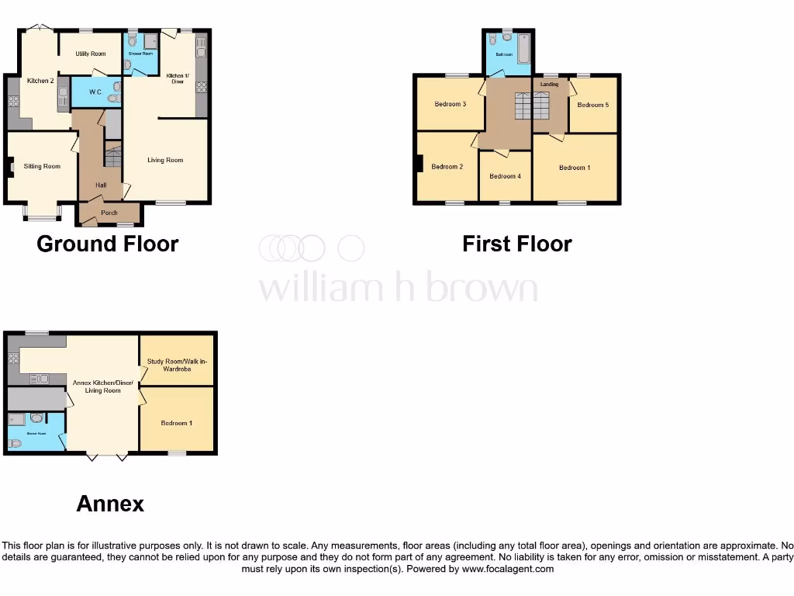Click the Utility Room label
pos(91,54)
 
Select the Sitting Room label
pos(42,166)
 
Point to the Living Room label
pos(165,160)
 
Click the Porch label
pos(109,213)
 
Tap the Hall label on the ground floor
pos(101,185)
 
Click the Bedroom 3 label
pos(450,104)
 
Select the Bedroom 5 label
pos(592,105)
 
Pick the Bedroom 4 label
pos(505,176)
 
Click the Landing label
pos(549,84)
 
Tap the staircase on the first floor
pos(532,106)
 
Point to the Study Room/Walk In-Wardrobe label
pos(178,366)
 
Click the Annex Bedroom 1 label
pos(176,423)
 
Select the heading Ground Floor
pos(108,244)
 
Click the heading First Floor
pos(517,244)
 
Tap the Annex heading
pos(110,504)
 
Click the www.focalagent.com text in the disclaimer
pos(508,569)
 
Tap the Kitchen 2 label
pos(40,81)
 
